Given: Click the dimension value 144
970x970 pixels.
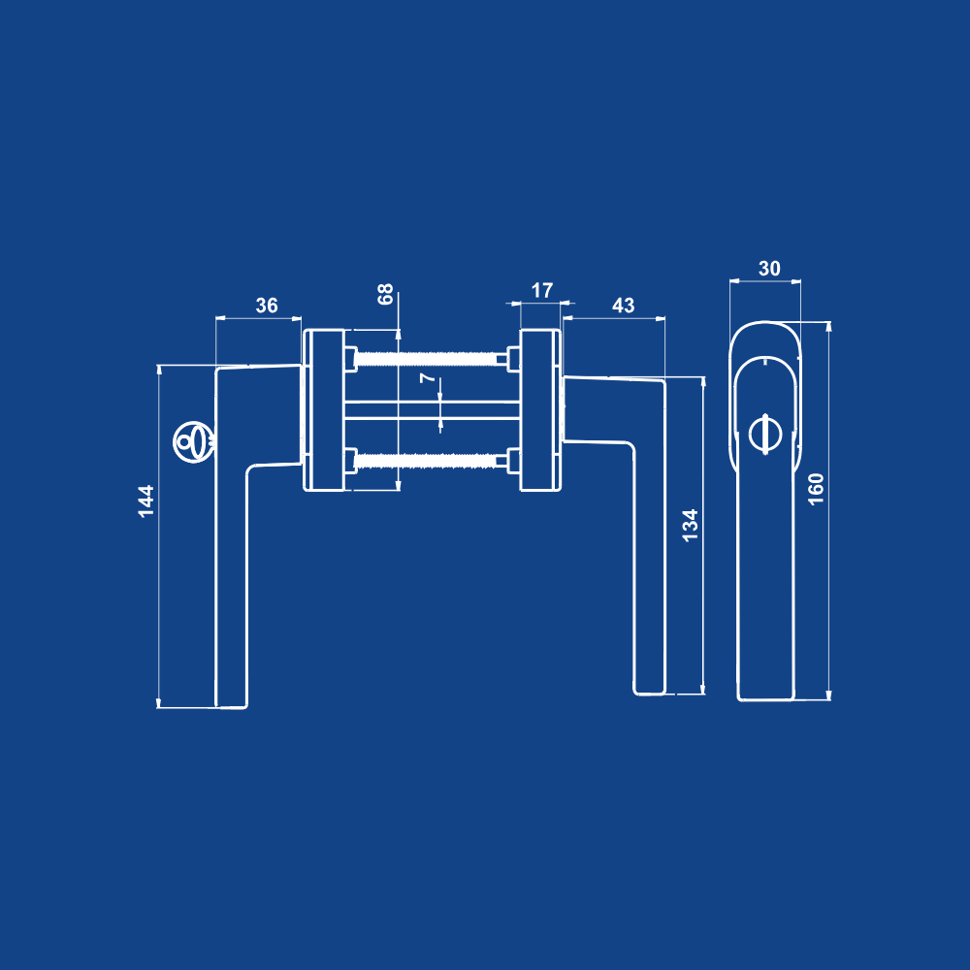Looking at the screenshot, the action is pos(146,501).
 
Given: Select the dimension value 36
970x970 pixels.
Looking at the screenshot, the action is pos(267,305).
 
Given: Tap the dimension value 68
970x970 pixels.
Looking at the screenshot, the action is pos(385,294).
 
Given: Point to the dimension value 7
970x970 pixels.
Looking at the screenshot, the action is pos(428,377).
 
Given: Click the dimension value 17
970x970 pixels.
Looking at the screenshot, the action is pos(542,290).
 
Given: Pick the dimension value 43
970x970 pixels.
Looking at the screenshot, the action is pos(623,305).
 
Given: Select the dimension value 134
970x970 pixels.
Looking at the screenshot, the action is pos(690,525).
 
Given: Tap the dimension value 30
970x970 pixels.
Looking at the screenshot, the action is pos(769,269).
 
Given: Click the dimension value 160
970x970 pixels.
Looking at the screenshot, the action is pos(816,489).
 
